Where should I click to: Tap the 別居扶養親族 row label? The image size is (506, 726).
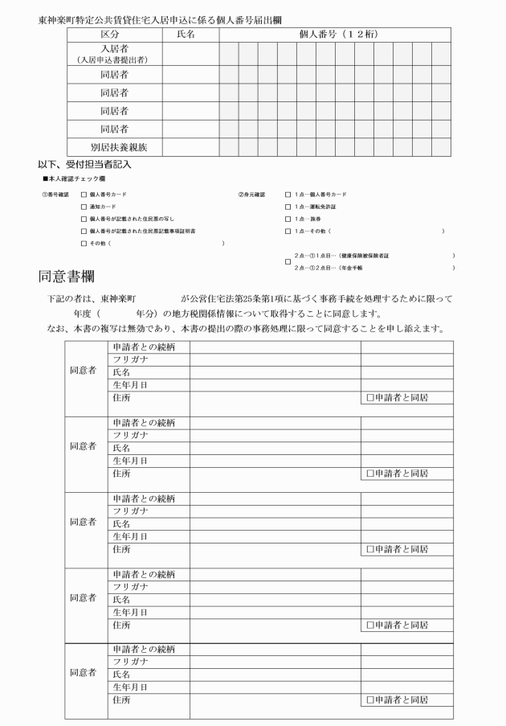(114, 147)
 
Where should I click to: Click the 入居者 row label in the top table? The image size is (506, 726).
(114, 49)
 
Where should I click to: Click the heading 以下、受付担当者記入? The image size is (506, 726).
(85, 164)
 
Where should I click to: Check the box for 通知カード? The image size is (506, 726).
(84, 207)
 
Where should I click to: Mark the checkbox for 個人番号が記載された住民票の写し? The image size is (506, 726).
(84, 219)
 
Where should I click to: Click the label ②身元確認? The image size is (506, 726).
(251, 195)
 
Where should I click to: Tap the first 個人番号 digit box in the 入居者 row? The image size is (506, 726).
(228, 53)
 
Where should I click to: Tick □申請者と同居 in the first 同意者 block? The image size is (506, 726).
(370, 397)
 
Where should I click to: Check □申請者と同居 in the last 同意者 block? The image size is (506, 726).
(370, 699)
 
